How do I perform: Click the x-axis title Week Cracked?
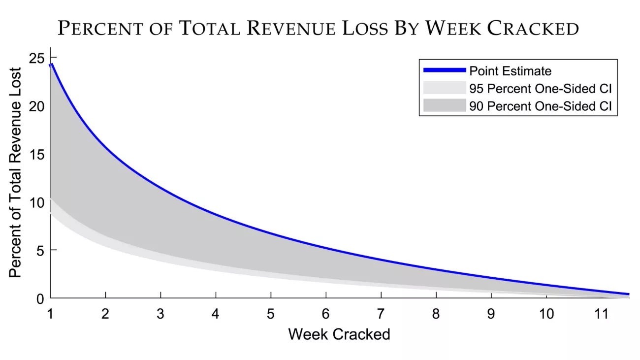pyautogui.click(x=339, y=334)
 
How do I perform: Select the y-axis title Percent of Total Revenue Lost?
pyautogui.click(x=15, y=172)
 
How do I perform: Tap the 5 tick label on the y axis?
pyautogui.click(x=40, y=251)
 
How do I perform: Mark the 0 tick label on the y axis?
pyautogui.click(x=40, y=298)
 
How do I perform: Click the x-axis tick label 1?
pyautogui.click(x=51, y=314)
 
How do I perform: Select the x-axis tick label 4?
pyautogui.click(x=216, y=314)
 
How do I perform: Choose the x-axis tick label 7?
pyautogui.click(x=381, y=314)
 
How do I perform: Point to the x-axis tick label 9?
pyautogui.click(x=491, y=314)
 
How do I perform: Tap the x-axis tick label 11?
pyautogui.click(x=600, y=314)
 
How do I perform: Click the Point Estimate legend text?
pyautogui.click(x=510, y=71)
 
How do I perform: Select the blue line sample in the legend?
pyautogui.click(x=444, y=70)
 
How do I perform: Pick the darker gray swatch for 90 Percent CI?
pyautogui.click(x=444, y=106)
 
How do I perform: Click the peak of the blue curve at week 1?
pyautogui.click(x=52, y=64)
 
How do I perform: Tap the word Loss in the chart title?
pyautogui.click(x=367, y=29)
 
